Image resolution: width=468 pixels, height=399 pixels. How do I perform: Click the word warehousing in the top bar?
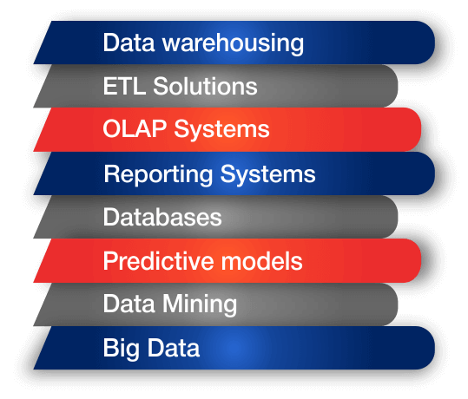[233, 43]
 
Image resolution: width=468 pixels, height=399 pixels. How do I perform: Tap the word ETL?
[124, 86]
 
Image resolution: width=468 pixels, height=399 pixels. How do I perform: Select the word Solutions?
[205, 86]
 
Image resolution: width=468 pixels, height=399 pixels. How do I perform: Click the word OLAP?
[135, 128]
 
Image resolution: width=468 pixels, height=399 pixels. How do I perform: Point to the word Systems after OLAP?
[221, 130]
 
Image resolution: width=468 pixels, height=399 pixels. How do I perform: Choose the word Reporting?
[158, 174]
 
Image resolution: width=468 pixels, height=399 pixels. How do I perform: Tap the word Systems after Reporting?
[267, 175]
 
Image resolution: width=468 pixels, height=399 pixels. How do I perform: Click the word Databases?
[162, 217]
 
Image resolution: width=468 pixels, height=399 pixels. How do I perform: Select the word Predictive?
[158, 260]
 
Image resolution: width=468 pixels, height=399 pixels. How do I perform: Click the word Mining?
[200, 304]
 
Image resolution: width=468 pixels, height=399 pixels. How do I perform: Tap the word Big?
[122, 349]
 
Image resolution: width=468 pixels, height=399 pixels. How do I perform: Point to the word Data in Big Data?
[174, 348]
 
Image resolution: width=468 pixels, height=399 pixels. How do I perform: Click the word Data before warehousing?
[129, 43]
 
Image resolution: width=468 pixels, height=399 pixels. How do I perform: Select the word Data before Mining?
[129, 304]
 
